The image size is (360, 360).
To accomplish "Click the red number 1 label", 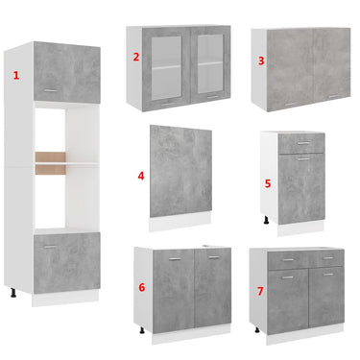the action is point(16,76).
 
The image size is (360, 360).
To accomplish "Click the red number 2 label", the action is point(136,57).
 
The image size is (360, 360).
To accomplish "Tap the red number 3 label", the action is point(261,60).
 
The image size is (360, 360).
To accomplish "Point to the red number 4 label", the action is point(141,176).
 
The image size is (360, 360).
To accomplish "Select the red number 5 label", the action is point(268,183).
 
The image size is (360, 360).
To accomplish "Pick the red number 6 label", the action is point(142,287).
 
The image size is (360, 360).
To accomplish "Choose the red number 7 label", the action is point(260,291).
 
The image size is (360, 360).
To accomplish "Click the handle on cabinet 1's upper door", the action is point(51,90).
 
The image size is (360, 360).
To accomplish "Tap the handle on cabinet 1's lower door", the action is point(50,247).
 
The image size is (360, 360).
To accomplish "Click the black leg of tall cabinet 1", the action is point(13,293).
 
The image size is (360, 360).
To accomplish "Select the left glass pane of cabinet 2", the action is point(166,68).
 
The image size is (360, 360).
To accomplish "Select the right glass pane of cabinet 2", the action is point(210,63).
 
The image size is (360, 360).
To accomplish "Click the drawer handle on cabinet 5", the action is point(303,143).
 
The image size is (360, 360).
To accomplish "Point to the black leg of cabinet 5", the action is point(266,220).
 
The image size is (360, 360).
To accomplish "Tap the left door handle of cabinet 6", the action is point(175,259).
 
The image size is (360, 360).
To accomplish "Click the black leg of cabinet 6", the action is point(142,330).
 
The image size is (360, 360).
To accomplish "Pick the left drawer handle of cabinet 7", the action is point(288,260).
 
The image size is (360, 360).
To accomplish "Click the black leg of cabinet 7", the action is point(257,329).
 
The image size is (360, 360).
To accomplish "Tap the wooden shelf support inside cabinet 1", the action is point(51,163).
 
